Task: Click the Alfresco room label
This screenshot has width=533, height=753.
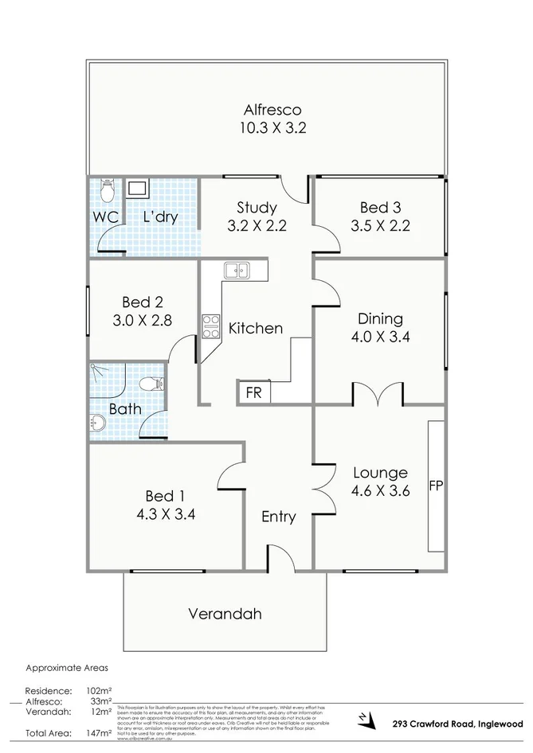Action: coord(272,110)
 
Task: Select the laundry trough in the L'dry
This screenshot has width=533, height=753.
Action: coord(137,189)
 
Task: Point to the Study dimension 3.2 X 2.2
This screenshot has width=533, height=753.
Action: coord(256,225)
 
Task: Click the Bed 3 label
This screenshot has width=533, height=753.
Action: coord(379,209)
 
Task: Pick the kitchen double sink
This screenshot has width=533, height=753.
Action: coord(236,271)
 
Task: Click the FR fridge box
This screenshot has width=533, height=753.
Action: coord(253,392)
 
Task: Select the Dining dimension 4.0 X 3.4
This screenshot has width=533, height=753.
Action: coord(380,337)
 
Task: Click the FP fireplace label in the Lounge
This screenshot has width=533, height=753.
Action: coord(436,486)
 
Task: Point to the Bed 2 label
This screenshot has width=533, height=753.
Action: coord(143,302)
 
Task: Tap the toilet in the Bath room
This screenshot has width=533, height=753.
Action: coord(151,384)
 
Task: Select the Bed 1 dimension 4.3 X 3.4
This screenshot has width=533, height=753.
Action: coord(166,513)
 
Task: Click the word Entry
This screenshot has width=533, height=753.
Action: coord(279,517)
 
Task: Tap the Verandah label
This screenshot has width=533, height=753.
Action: coord(225,614)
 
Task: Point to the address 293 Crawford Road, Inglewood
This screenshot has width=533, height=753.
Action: coord(457,724)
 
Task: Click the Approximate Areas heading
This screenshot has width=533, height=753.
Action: coord(67,669)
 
